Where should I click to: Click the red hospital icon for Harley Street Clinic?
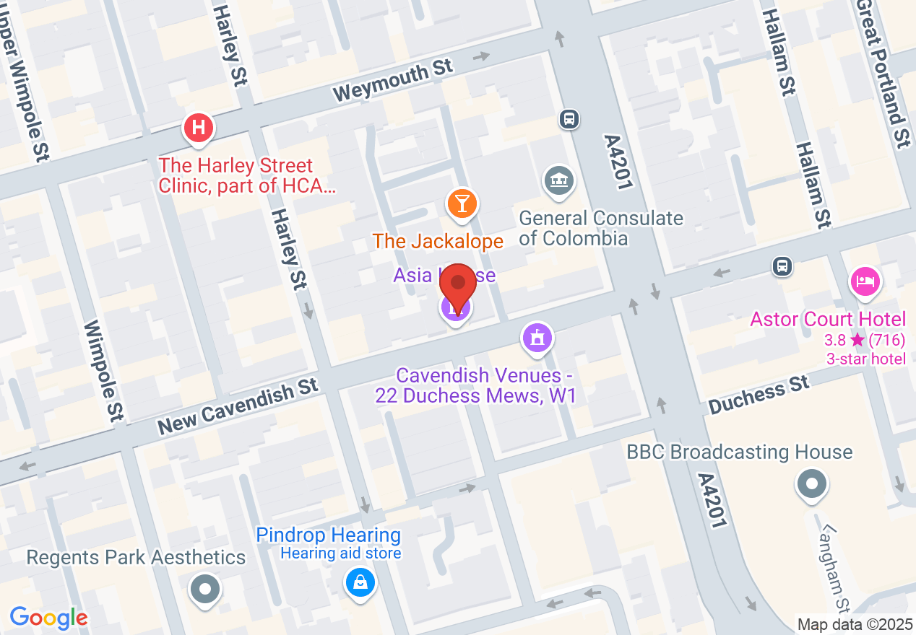[x=199, y=128]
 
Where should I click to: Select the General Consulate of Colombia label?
[x=600, y=228]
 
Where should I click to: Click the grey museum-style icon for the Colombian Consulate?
[x=558, y=180]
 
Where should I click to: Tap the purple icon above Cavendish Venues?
[x=537, y=338]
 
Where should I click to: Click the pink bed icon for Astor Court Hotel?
[x=865, y=281]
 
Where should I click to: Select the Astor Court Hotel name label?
[x=828, y=319]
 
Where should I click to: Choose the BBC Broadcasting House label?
[x=740, y=452]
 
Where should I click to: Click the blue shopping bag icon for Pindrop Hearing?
[x=360, y=581]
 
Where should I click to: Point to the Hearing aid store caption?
[x=340, y=554]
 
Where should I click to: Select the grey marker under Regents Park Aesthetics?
[x=204, y=589]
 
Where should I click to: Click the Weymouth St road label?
[x=393, y=80]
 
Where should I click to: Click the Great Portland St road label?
[x=883, y=72]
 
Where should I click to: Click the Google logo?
[x=48, y=618]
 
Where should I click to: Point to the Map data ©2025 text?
[x=854, y=624]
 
